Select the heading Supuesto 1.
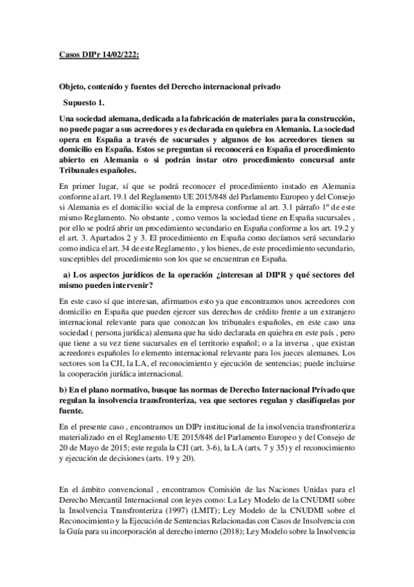click(x=82, y=101)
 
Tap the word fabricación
click(x=198, y=119)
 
